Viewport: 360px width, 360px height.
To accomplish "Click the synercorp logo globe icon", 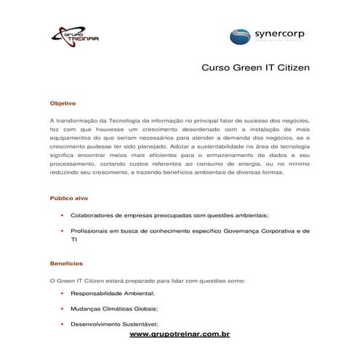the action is pos(242,36).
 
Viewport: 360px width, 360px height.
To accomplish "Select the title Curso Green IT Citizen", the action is pos(255,68).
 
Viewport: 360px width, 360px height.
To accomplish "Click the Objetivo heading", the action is pos(62,103).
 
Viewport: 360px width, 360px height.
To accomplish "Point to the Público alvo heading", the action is pos(68,198).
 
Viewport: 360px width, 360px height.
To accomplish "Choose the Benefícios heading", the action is pos(65,263).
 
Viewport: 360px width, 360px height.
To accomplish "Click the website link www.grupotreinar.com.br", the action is pos(180,334).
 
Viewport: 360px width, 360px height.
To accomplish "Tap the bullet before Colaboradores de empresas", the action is pos(63,215).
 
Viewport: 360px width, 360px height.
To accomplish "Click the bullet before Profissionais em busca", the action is pos(63,231).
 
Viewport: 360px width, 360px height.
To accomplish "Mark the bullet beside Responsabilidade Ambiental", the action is pos(63,293).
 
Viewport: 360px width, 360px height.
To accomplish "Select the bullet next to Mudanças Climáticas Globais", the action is pos(63,308).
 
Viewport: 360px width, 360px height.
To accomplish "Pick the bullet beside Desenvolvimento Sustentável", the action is pos(63,324).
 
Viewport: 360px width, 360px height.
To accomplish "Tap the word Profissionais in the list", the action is pos(90,231).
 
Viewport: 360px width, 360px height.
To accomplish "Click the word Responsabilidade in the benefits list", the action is pos(97,293).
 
